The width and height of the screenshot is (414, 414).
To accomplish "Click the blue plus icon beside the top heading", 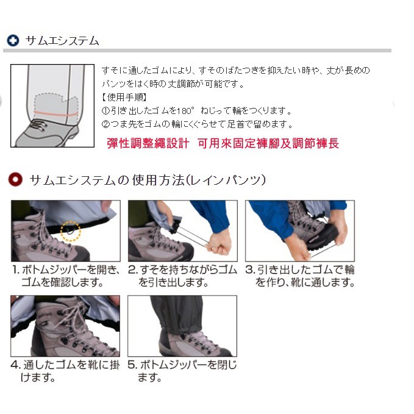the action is (13, 41).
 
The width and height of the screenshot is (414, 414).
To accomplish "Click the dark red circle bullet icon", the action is (15, 179).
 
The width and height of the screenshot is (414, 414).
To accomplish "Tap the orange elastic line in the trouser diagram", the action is (55, 114).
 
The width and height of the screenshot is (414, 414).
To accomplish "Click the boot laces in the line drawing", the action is (38, 125).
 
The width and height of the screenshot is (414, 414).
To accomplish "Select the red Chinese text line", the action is (223, 143).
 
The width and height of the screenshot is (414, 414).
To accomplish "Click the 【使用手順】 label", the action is (124, 97).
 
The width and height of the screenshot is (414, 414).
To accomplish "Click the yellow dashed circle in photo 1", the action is (71, 231).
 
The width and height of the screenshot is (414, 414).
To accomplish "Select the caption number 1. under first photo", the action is (16, 269).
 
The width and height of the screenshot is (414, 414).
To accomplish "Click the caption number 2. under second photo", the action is (133, 269).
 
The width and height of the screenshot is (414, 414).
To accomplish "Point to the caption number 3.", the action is (251, 269).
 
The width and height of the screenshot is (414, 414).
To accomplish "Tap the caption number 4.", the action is (16, 365).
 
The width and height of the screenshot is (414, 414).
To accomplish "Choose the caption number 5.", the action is (133, 365).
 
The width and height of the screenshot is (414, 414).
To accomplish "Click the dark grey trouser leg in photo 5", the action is (176, 314).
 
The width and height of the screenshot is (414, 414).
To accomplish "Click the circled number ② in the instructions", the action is (105, 124).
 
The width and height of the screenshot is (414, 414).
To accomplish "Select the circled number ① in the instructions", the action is (105, 110).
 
